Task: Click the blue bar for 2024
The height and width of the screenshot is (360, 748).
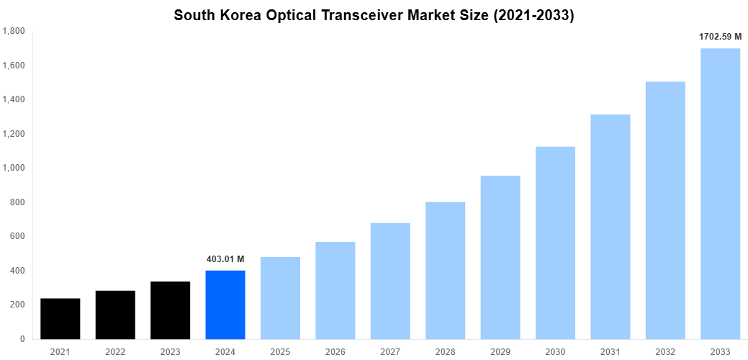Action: pyautogui.click(x=225, y=305)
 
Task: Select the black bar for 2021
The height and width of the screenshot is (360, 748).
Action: pyautogui.click(x=60, y=318)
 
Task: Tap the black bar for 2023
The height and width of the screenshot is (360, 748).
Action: pyautogui.click(x=171, y=310)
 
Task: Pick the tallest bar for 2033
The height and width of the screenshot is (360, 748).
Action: pyautogui.click(x=720, y=194)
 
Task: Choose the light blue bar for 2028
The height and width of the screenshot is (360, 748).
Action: pyautogui.click(x=445, y=270)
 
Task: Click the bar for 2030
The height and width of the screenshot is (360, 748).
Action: pyautogui.click(x=555, y=243)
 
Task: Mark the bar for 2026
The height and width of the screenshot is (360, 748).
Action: pyautogui.click(x=335, y=290)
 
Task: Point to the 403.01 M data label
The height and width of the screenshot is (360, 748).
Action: pyautogui.click(x=225, y=259)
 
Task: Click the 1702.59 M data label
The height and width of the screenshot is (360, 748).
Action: pyautogui.click(x=720, y=36)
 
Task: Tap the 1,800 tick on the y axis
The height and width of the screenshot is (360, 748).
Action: pyautogui.click(x=14, y=31)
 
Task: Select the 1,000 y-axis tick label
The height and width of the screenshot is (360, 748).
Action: pyautogui.click(x=14, y=168)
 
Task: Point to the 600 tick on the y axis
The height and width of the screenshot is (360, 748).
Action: pyautogui.click(x=17, y=236)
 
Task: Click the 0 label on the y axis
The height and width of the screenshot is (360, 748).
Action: pyautogui.click(x=22, y=339)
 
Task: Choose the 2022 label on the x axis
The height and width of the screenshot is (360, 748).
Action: pyautogui.click(x=115, y=352)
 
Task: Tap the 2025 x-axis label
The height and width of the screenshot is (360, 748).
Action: pyautogui.click(x=280, y=352)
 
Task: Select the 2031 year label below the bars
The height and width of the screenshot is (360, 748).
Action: pyautogui.click(x=610, y=352)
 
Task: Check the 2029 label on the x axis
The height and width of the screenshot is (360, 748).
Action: pyautogui.click(x=500, y=352)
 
